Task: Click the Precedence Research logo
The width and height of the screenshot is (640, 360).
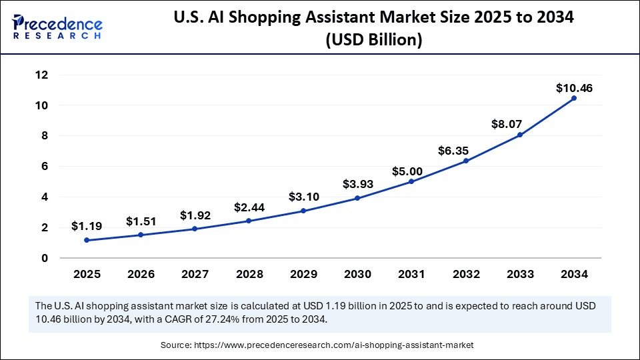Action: click(x=57, y=26)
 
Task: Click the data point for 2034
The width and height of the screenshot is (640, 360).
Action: click(x=574, y=98)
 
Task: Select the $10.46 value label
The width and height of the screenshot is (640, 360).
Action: click(x=574, y=88)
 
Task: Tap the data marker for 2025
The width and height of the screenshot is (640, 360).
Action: click(x=87, y=240)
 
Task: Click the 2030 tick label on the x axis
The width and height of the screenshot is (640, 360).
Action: click(x=357, y=273)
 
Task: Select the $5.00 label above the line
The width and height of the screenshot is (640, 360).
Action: click(x=411, y=171)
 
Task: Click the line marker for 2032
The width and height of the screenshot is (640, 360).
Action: click(x=466, y=161)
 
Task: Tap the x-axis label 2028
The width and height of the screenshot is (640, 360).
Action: click(x=249, y=273)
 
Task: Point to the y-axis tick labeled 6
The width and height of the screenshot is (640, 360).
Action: click(x=44, y=166)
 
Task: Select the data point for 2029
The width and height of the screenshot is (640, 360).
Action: click(x=303, y=211)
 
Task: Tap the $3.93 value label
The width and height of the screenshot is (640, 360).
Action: click(x=357, y=184)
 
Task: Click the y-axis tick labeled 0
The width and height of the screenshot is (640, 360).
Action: click(x=44, y=258)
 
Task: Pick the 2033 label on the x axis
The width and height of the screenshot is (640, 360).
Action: click(x=520, y=273)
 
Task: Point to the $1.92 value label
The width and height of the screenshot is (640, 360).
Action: click(x=195, y=215)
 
